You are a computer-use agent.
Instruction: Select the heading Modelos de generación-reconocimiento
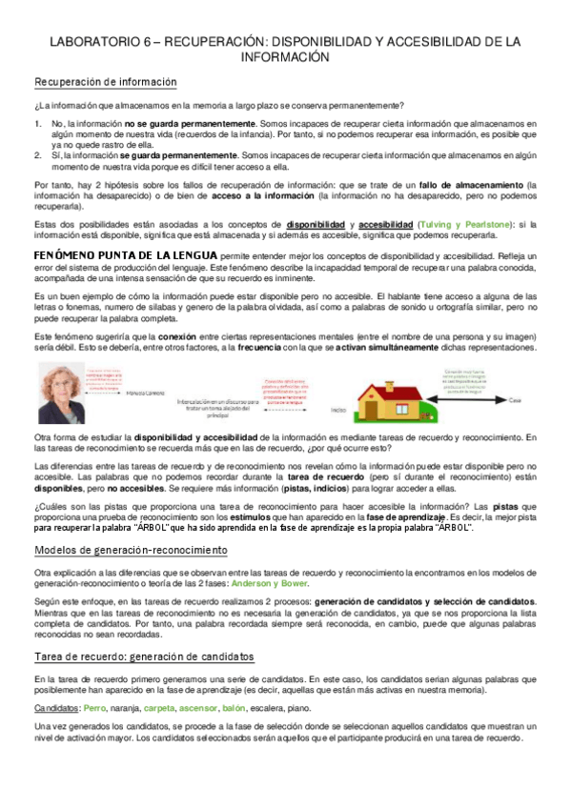(131, 550)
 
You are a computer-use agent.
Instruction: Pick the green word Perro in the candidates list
(94, 709)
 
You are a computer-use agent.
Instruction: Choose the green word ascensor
(196, 709)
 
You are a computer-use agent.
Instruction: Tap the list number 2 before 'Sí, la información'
(37, 152)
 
